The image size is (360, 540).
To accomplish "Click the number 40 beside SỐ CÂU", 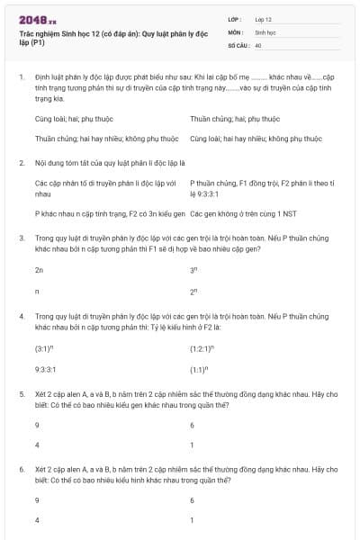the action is (258, 44).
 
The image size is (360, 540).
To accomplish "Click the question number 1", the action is (20, 78).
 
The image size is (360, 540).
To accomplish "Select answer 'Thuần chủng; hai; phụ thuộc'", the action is (235, 119).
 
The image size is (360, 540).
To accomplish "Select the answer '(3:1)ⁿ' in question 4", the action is (44, 347).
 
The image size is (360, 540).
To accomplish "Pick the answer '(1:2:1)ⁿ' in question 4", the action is (202, 347).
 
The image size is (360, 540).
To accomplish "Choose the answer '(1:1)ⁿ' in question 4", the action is (199, 369).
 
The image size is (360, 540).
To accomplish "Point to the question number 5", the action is (20, 394).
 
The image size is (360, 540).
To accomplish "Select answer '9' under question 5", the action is (37, 425).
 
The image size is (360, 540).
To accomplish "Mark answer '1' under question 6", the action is (192, 520).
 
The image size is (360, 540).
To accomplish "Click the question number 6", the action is (20, 470).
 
